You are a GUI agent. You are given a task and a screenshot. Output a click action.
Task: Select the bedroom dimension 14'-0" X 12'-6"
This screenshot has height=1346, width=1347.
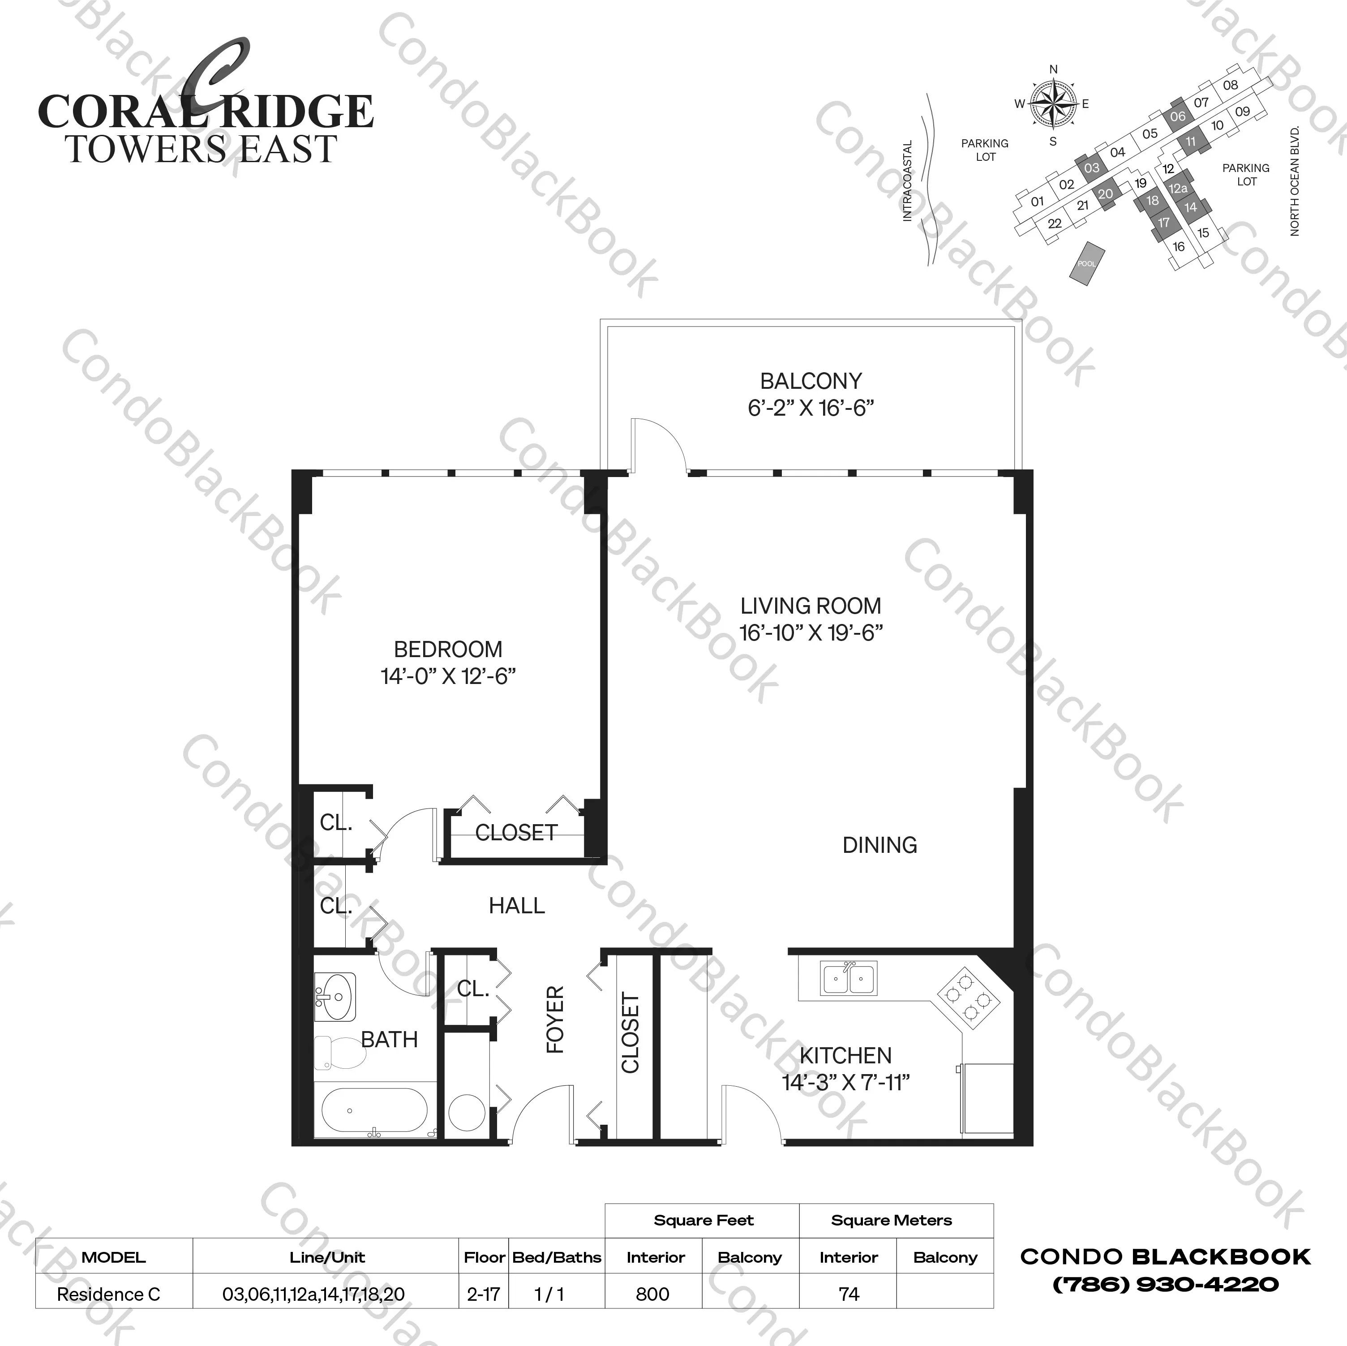coord(448,676)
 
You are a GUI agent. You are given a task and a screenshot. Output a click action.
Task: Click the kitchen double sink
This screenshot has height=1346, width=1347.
coord(849,978)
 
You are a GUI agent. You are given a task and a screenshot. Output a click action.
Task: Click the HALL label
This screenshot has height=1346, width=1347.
coord(517,906)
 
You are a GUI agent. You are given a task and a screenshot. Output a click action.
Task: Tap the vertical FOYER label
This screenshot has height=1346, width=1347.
coord(555,1019)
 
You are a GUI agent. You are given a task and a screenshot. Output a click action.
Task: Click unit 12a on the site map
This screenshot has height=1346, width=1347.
coord(1178,188)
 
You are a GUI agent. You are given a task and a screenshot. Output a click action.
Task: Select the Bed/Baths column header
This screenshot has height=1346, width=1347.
coord(556,1257)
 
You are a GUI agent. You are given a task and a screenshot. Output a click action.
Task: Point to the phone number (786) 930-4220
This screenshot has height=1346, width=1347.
coord(1165,1285)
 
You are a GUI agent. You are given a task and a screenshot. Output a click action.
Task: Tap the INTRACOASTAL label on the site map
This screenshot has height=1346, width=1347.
coord(907,181)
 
